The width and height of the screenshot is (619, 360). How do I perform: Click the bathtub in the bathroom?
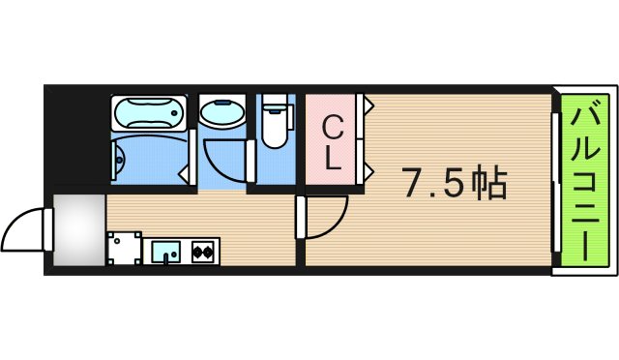(149, 113)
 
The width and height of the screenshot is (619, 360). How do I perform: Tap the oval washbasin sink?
(222, 111)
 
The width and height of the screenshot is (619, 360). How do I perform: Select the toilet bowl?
(275, 130)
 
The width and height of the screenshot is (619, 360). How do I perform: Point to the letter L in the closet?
(333, 159)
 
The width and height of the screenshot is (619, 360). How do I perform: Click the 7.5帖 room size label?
(455, 184)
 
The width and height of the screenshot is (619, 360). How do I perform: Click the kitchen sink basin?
(166, 252)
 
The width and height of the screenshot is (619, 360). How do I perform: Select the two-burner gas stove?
(202, 252)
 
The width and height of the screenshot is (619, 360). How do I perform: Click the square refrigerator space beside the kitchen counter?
(125, 248)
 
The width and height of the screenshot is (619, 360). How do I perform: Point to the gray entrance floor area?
(79, 230)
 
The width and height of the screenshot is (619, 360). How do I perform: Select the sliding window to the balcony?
(556, 182)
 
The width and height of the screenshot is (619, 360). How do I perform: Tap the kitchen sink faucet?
(166, 256)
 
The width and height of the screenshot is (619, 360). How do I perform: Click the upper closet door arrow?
(368, 105)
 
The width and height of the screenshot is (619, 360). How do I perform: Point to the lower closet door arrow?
(368, 171)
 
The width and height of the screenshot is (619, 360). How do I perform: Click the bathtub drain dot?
(174, 113)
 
